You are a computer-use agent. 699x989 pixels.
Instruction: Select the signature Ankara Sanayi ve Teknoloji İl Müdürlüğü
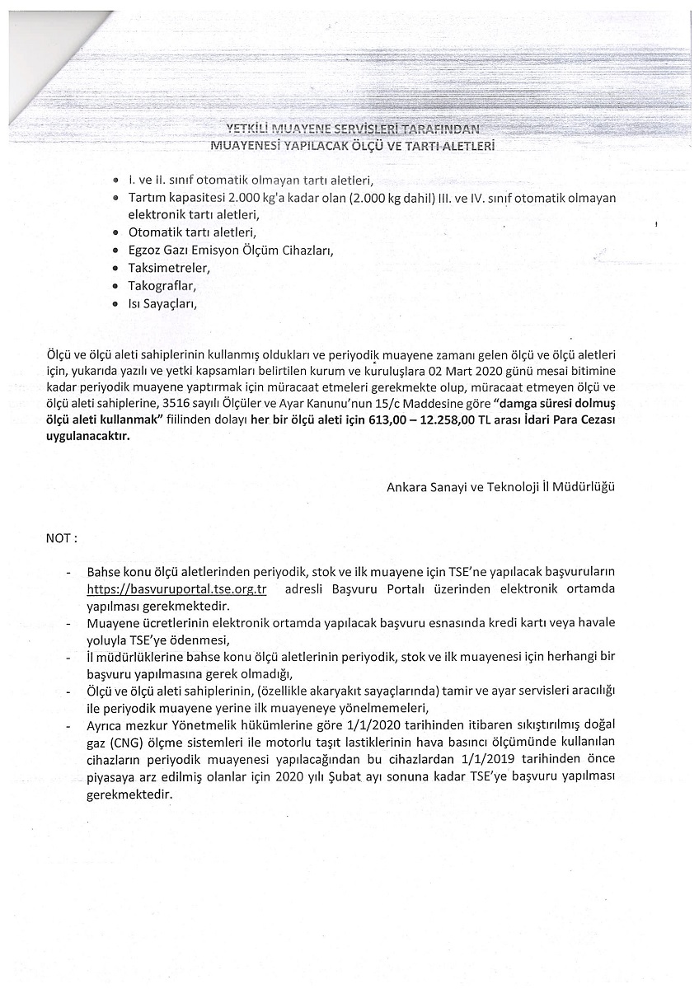point(500,486)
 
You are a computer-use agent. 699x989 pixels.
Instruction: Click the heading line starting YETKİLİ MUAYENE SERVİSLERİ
point(352,129)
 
